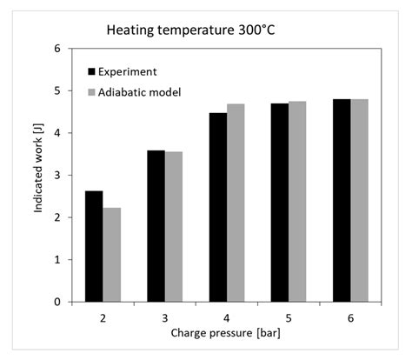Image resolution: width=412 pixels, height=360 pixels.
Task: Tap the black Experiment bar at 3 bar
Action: (156, 226)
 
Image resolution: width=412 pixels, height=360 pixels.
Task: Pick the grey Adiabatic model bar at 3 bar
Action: (174, 227)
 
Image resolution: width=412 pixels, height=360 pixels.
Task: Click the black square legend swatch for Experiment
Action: (93, 71)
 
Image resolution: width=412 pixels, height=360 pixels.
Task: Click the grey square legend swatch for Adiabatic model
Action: (93, 91)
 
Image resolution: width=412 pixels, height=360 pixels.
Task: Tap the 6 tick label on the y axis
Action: (57, 49)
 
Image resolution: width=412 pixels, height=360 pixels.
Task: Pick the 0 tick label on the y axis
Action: (57, 302)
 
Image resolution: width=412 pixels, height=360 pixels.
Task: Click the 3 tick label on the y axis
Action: (57, 176)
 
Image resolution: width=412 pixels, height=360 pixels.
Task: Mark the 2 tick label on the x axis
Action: (103, 317)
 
